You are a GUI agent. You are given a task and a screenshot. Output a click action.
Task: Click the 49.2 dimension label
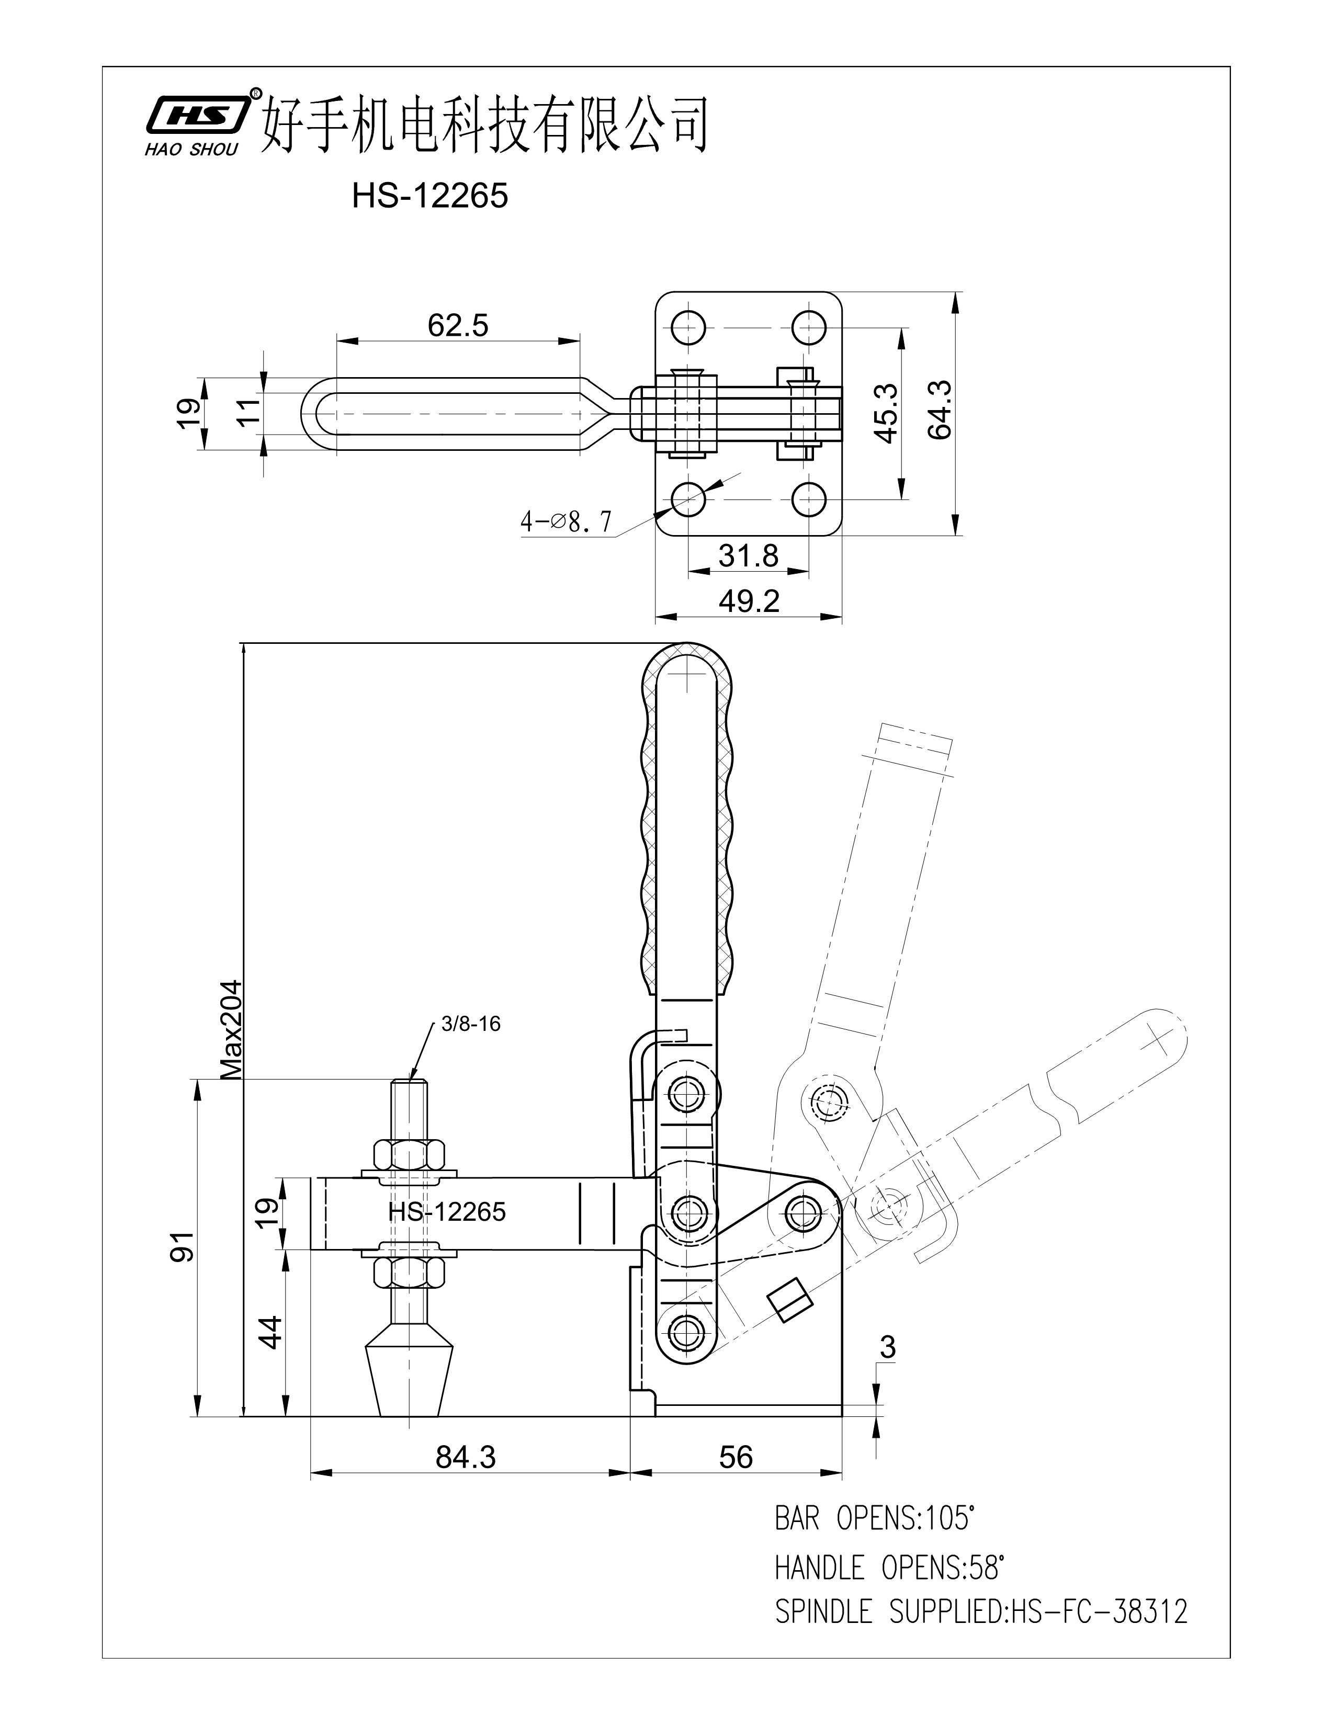749,602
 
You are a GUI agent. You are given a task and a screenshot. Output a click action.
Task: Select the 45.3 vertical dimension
887,413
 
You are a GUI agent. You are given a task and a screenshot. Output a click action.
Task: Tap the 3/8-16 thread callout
470,1024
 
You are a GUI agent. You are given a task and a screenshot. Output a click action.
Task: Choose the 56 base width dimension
735,1457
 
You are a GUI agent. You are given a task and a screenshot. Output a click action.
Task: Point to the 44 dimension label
270,1332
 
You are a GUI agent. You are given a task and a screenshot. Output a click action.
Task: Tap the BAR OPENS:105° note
874,1519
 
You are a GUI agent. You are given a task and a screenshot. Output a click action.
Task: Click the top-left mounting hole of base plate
688,326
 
